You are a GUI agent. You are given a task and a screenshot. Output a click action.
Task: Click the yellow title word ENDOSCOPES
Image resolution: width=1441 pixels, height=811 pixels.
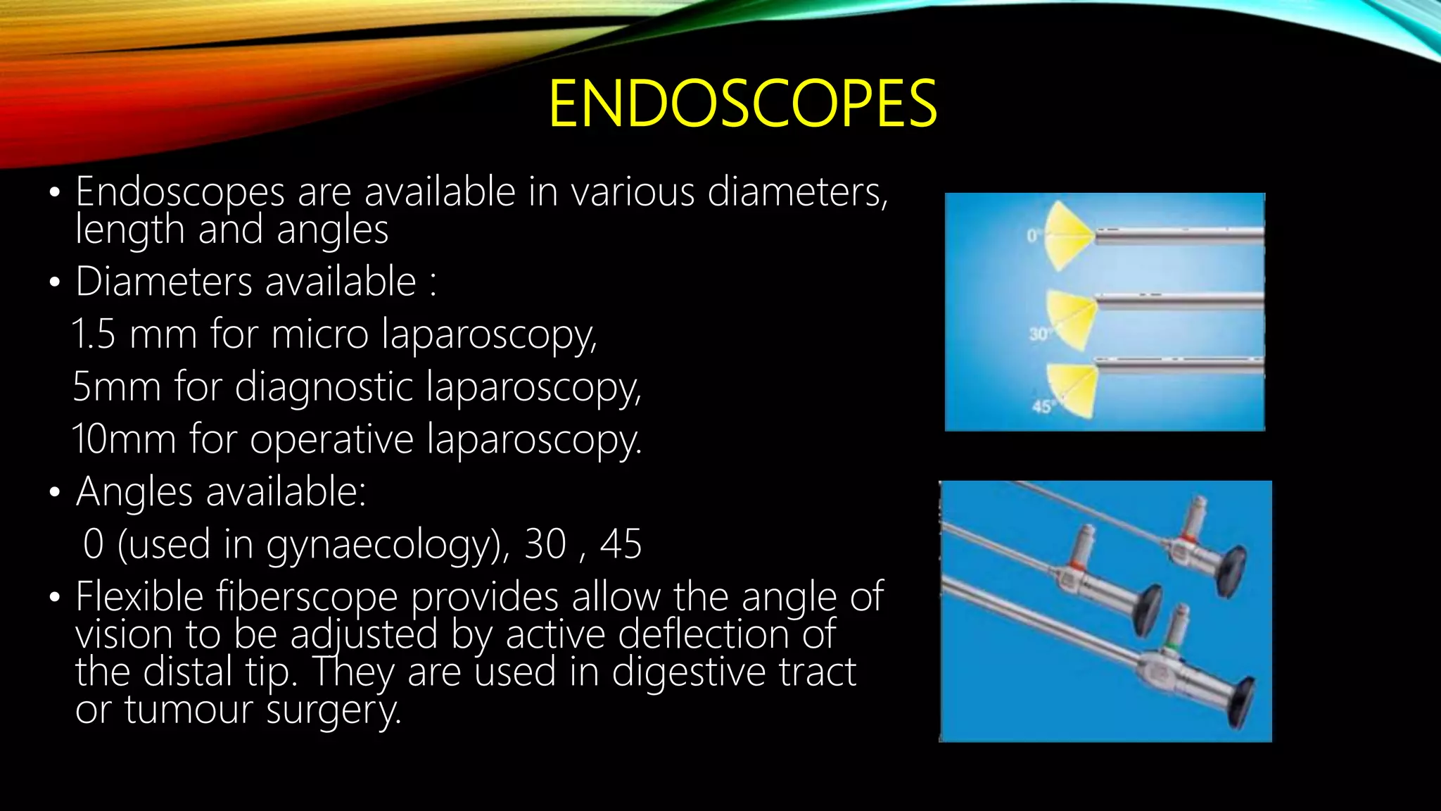(742, 104)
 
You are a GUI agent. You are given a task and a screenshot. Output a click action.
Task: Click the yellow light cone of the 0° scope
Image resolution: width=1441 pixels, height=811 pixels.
(1068, 235)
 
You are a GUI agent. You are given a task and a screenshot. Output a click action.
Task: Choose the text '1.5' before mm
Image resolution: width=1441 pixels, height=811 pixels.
(94, 334)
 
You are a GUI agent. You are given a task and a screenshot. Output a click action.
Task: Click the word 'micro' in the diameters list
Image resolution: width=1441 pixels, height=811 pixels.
(319, 334)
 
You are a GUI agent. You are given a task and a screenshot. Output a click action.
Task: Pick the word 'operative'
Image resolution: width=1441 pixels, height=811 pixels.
(331, 439)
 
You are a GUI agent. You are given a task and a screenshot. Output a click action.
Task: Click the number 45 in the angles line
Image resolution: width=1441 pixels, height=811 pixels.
(621, 544)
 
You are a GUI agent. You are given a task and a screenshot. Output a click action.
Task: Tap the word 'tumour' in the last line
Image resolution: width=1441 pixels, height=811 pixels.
(189, 709)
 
